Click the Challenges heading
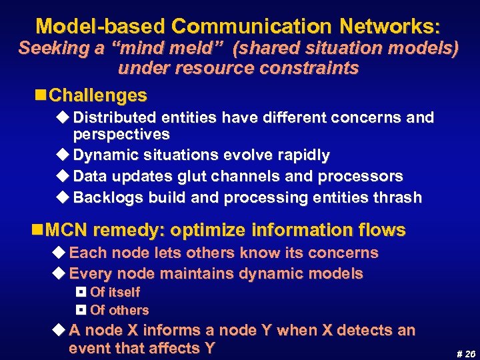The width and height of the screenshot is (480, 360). click(98, 95)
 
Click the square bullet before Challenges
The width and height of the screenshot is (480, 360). click(41, 95)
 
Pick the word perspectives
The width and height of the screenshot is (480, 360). click(121, 134)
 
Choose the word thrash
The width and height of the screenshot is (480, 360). click(399, 197)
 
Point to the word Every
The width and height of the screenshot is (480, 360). click(89, 273)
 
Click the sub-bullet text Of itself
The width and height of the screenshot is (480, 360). click(115, 292)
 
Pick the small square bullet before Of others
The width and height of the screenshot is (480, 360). click(81, 310)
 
